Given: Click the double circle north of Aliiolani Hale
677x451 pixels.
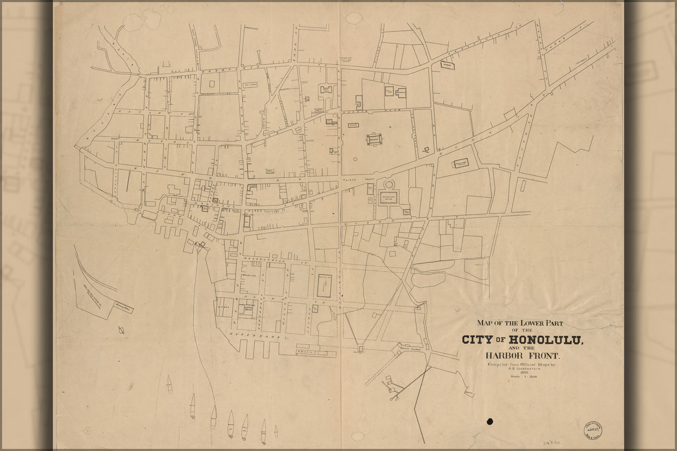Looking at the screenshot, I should (389, 185).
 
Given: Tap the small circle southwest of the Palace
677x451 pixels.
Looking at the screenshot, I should (355, 159).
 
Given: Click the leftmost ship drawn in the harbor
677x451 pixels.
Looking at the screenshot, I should (169, 384).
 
